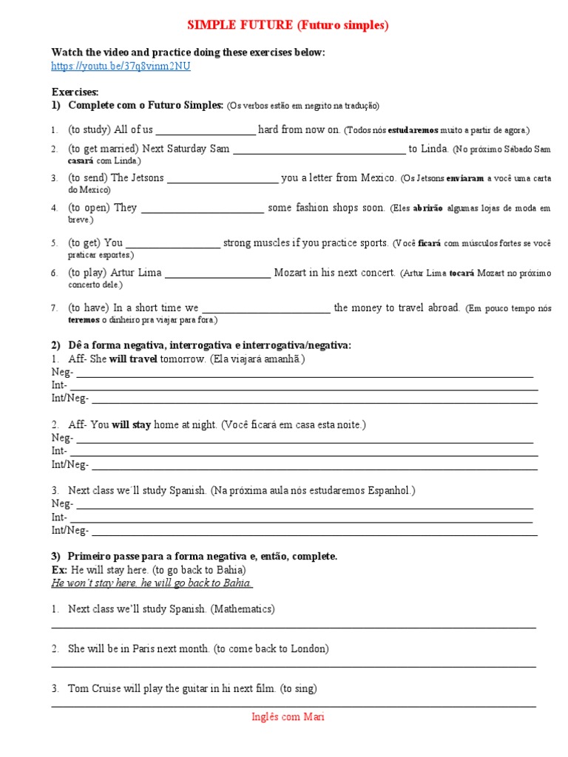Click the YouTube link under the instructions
coord(121,66)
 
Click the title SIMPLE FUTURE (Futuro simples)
coord(287,26)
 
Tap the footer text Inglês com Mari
coord(288,716)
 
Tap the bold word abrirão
coord(427,208)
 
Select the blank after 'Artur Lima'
coord(217,274)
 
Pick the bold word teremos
coord(84,320)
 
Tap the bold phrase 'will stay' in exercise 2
coord(132,425)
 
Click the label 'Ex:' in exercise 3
coord(59,571)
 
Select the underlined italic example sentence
coord(152,583)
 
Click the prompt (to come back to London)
coord(271,649)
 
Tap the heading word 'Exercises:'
coord(75,92)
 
